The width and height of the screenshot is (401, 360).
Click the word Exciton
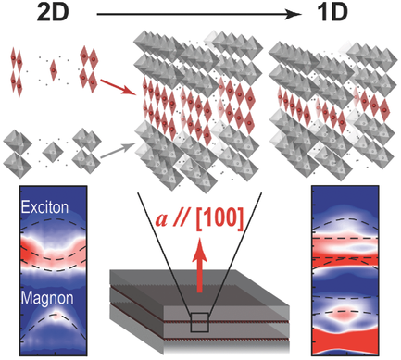pyautogui.click(x=45, y=206)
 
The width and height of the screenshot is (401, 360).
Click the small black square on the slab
pyautogui.click(x=198, y=320)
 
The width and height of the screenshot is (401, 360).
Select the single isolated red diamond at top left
pyautogui.click(x=54, y=69)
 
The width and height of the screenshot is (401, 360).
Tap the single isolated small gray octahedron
pyautogui.click(x=50, y=151)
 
